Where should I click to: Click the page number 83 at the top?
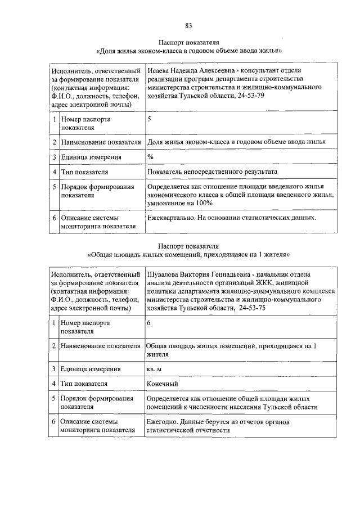(x=188, y=25)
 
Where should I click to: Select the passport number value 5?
(x=149, y=119)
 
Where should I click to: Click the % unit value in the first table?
(x=150, y=157)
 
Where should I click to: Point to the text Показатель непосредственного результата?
(x=212, y=172)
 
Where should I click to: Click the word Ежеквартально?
(x=170, y=217)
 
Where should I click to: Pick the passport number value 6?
(x=148, y=323)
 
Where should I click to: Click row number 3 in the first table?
(x=54, y=157)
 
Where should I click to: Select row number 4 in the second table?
(x=54, y=384)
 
